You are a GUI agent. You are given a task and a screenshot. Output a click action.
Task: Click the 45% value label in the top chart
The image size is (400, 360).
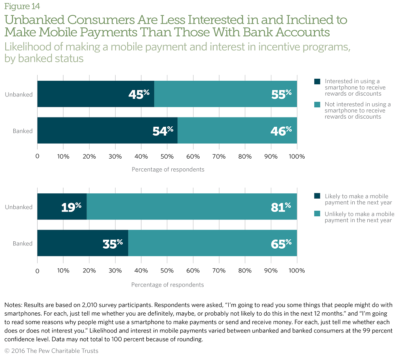139,94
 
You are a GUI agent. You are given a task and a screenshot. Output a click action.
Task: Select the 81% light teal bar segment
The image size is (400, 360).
192,207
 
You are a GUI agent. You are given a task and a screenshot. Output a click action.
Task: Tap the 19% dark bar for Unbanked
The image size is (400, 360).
62,207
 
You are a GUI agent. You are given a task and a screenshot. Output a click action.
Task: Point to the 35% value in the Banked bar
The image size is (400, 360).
112,243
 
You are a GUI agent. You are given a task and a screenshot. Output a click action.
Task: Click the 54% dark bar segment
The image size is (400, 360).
107,130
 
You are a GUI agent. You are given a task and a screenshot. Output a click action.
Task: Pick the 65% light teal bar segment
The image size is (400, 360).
212,243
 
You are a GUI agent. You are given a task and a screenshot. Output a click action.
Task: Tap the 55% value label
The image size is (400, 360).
280,94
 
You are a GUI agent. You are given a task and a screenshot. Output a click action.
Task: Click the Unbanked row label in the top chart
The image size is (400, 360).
19,94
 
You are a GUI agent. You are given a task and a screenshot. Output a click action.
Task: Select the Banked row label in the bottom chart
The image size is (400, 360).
23,244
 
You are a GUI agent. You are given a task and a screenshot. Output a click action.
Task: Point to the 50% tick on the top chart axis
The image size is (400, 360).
167,156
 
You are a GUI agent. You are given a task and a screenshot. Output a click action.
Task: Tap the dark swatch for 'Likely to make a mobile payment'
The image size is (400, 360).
318,196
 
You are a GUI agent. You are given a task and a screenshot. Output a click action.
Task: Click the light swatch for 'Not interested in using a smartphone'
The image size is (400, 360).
318,104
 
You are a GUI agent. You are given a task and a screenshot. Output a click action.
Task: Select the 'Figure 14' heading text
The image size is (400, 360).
22,6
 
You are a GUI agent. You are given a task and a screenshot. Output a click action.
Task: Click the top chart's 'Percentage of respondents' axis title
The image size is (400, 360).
168,170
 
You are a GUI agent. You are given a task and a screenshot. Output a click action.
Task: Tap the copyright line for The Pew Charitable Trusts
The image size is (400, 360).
51,351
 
